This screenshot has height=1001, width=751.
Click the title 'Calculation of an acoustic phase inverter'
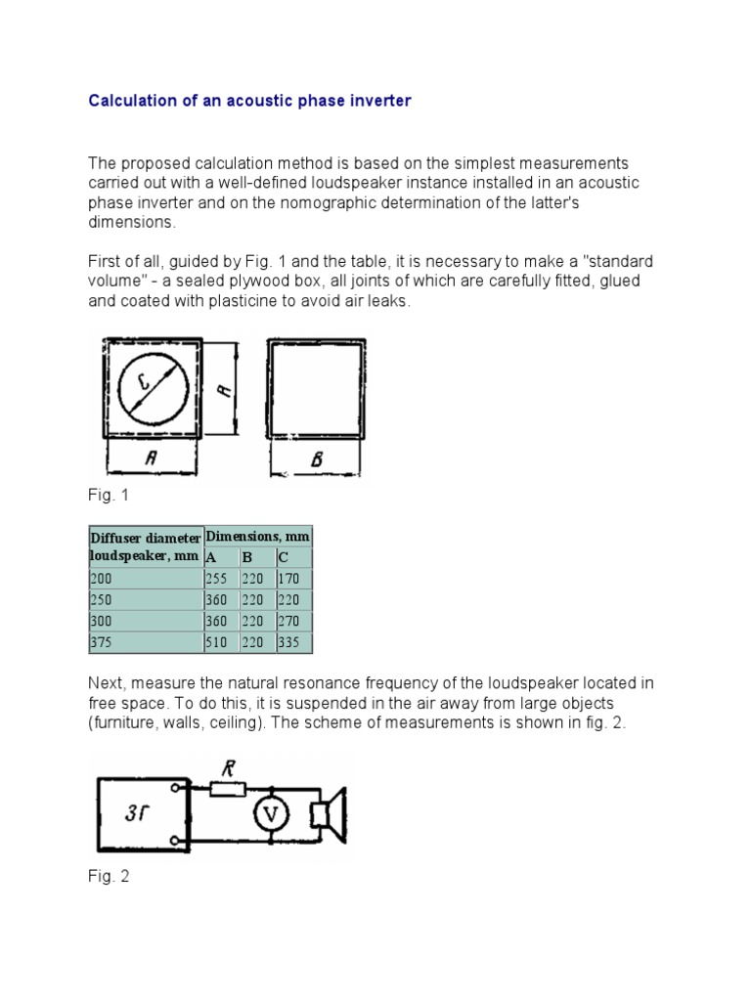coord(250,101)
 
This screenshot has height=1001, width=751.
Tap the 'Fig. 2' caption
coord(108,877)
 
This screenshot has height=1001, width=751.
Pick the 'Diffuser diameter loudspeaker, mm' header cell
coord(145,546)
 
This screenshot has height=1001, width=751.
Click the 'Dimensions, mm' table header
coord(257,536)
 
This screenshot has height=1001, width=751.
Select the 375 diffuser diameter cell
coord(102,642)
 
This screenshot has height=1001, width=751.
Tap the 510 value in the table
coord(215,642)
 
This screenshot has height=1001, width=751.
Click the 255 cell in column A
coord(215,578)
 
